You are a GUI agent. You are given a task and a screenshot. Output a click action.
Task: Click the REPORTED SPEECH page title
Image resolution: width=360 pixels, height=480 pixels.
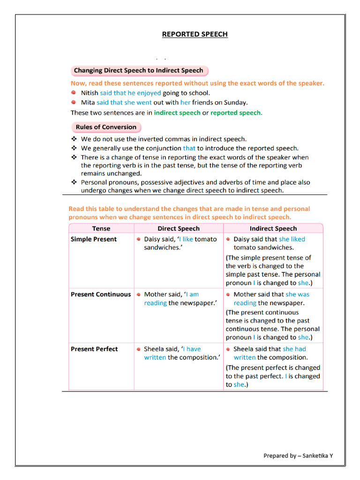(x=195, y=34)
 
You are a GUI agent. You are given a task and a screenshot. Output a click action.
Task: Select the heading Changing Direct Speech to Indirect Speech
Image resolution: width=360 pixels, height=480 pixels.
(x=139, y=71)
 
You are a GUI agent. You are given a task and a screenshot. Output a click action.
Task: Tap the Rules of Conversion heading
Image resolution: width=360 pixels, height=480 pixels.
(x=106, y=127)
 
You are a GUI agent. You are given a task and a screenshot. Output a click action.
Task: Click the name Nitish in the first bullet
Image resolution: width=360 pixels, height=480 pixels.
(x=90, y=93)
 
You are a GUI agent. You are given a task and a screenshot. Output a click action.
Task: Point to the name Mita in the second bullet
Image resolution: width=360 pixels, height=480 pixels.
(x=88, y=102)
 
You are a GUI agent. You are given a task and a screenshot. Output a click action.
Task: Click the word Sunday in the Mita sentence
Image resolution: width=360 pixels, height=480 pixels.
(x=235, y=102)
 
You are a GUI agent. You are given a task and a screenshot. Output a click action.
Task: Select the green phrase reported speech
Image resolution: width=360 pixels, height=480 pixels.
(x=236, y=112)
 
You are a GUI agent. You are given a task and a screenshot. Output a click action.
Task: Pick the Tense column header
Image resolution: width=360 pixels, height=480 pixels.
(x=101, y=229)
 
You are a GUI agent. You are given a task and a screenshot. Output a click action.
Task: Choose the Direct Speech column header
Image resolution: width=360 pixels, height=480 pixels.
(x=179, y=229)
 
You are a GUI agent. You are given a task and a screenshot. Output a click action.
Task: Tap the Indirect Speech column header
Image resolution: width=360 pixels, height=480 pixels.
(x=273, y=229)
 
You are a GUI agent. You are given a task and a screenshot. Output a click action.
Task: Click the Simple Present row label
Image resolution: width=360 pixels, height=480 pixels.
(x=94, y=239)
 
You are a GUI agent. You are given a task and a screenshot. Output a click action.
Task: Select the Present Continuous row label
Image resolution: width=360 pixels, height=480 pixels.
(x=101, y=294)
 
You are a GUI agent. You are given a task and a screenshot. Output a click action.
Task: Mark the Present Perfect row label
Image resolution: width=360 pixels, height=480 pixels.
(x=94, y=349)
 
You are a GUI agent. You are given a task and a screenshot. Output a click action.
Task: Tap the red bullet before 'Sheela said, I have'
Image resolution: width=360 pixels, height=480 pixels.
(x=139, y=349)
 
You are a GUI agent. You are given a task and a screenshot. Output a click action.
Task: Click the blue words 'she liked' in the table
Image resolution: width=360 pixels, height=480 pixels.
(x=292, y=239)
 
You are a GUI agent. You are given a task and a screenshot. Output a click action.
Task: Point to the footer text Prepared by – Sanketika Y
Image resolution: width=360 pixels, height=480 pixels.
(x=298, y=456)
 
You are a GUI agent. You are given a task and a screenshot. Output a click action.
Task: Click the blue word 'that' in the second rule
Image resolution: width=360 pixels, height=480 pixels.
(x=189, y=148)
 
